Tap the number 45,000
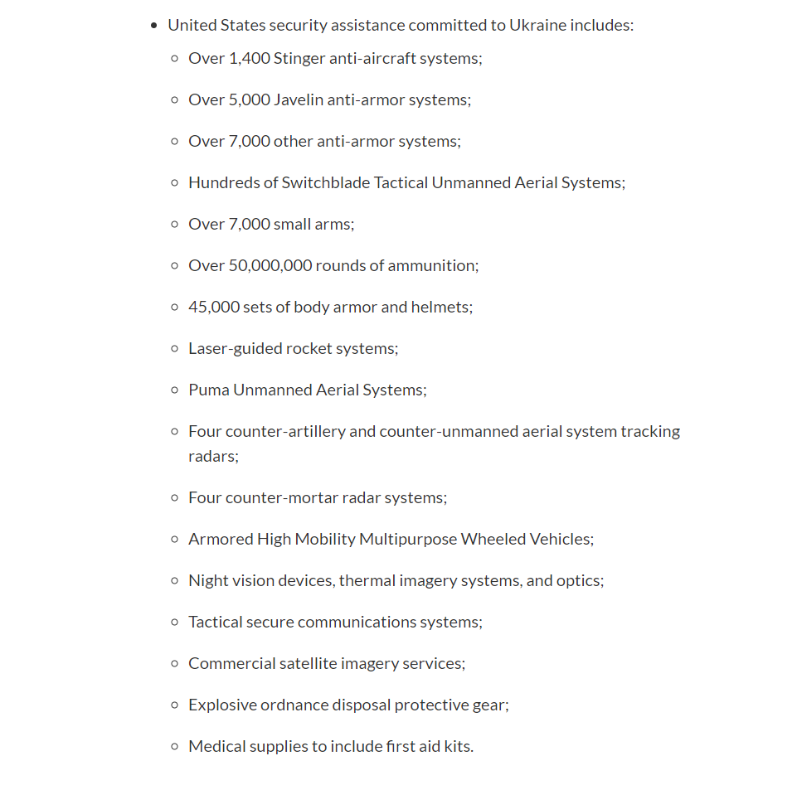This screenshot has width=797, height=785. point(211,307)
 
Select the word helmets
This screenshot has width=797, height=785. point(442,307)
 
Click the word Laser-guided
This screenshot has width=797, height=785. point(235,348)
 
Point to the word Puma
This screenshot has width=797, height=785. point(208,390)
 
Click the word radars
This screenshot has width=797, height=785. point(212,456)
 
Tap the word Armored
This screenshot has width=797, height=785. point(221,539)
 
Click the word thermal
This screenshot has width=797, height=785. point(366,580)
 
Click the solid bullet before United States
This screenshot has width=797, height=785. point(154,26)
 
